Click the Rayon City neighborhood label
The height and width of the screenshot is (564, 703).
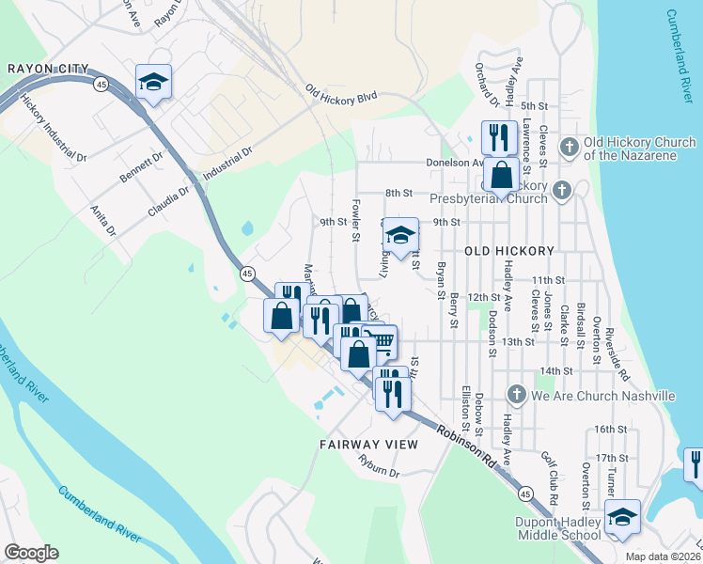pyautogui.click(x=47, y=68)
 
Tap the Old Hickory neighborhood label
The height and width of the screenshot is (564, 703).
pyautogui.click(x=508, y=252)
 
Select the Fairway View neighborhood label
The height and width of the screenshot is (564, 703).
pyautogui.click(x=362, y=444)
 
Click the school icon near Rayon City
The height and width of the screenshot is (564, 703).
pyautogui.click(x=153, y=82)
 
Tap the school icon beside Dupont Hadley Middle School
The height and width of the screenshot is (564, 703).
pyautogui.click(x=622, y=517)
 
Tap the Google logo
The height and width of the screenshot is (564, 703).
pyautogui.click(x=31, y=553)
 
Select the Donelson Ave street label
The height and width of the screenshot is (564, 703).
pyautogui.click(x=450, y=163)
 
